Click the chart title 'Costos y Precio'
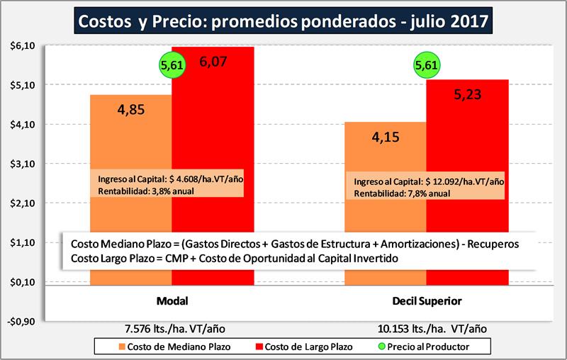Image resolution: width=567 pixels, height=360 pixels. [283, 20]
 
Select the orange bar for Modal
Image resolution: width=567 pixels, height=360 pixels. [130, 142]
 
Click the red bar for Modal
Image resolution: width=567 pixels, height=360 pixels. [213, 142]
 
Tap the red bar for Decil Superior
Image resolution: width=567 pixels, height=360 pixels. [467, 142]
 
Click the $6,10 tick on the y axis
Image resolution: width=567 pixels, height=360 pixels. [23, 45]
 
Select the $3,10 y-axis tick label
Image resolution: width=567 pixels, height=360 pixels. [23, 164]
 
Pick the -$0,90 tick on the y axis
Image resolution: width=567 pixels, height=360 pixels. [22, 322]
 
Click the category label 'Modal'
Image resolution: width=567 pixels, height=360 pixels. [171, 301]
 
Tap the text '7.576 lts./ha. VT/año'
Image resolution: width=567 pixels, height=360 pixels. [171, 329]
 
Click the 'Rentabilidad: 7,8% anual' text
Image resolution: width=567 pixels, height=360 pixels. [402, 193]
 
